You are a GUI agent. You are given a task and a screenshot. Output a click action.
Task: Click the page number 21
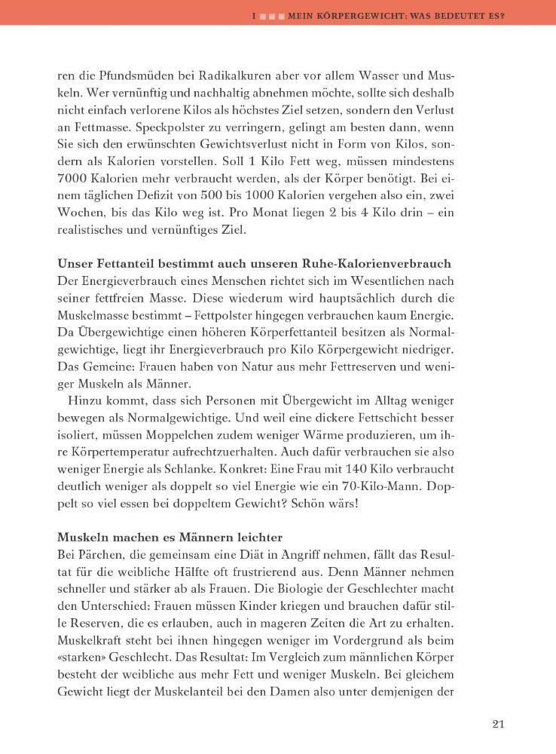click(497, 725)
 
